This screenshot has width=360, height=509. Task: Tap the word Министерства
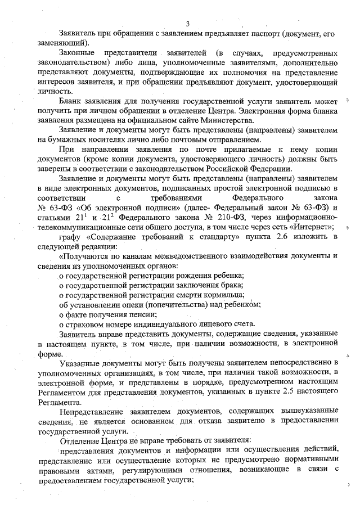coord(229,120)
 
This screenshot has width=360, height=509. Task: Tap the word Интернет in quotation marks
coord(309,226)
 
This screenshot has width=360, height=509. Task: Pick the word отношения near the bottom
coord(220,471)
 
